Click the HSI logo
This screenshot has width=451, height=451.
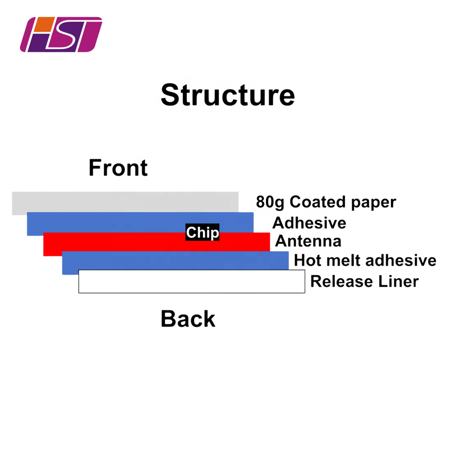pos(61,34)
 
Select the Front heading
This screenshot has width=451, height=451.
pos(118,168)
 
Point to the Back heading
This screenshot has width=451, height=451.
pos(188,319)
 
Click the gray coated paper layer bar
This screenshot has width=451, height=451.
pos(125,202)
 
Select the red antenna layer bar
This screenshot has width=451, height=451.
pos(117,244)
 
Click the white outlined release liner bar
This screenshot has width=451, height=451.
pos(192,281)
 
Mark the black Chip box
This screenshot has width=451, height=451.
pos(202,233)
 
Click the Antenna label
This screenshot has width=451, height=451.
pos(308,241)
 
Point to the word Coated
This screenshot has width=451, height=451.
pos(311,202)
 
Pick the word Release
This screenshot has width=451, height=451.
pos(337,281)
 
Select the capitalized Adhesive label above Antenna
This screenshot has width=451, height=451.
pos(309,222)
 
